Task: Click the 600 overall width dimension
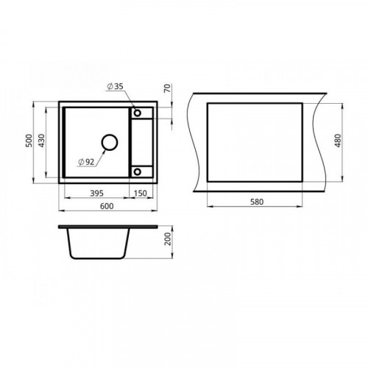click(107, 206)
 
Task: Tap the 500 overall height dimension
click(29, 141)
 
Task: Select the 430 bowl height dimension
click(42, 141)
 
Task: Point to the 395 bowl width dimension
click(96, 194)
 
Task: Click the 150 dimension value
click(140, 194)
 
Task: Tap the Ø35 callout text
click(115, 86)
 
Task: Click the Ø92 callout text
click(86, 162)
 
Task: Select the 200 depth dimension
click(168, 238)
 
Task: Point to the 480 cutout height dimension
click(338, 141)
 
